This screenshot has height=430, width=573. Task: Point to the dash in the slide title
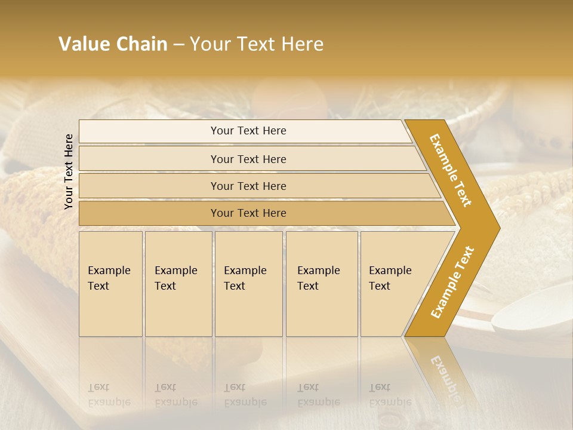pyautogui.click(x=178, y=45)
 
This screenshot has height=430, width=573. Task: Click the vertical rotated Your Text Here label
pyautogui.click(x=69, y=171)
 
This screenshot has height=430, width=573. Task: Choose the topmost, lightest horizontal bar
pyautogui.click(x=245, y=131)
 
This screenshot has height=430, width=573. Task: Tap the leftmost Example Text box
pyautogui.click(x=110, y=283)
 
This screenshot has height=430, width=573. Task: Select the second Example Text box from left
pyautogui.click(x=178, y=283)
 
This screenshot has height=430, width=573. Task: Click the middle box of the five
pyautogui.click(x=248, y=283)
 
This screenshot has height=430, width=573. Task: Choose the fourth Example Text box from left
pyautogui.click(x=322, y=283)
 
